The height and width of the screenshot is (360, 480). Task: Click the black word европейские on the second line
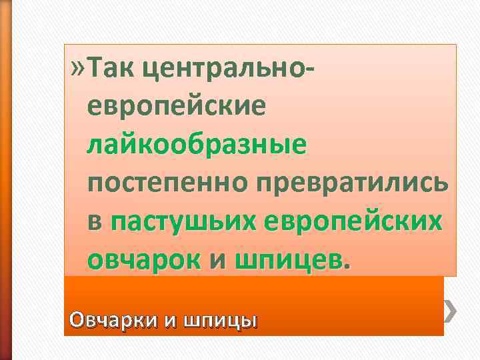[x=175, y=106]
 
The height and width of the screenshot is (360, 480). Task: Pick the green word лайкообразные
[x=197, y=144]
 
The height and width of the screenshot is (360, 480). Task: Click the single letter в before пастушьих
[x=94, y=222]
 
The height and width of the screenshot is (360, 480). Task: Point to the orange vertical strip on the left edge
[x=5, y=180]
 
